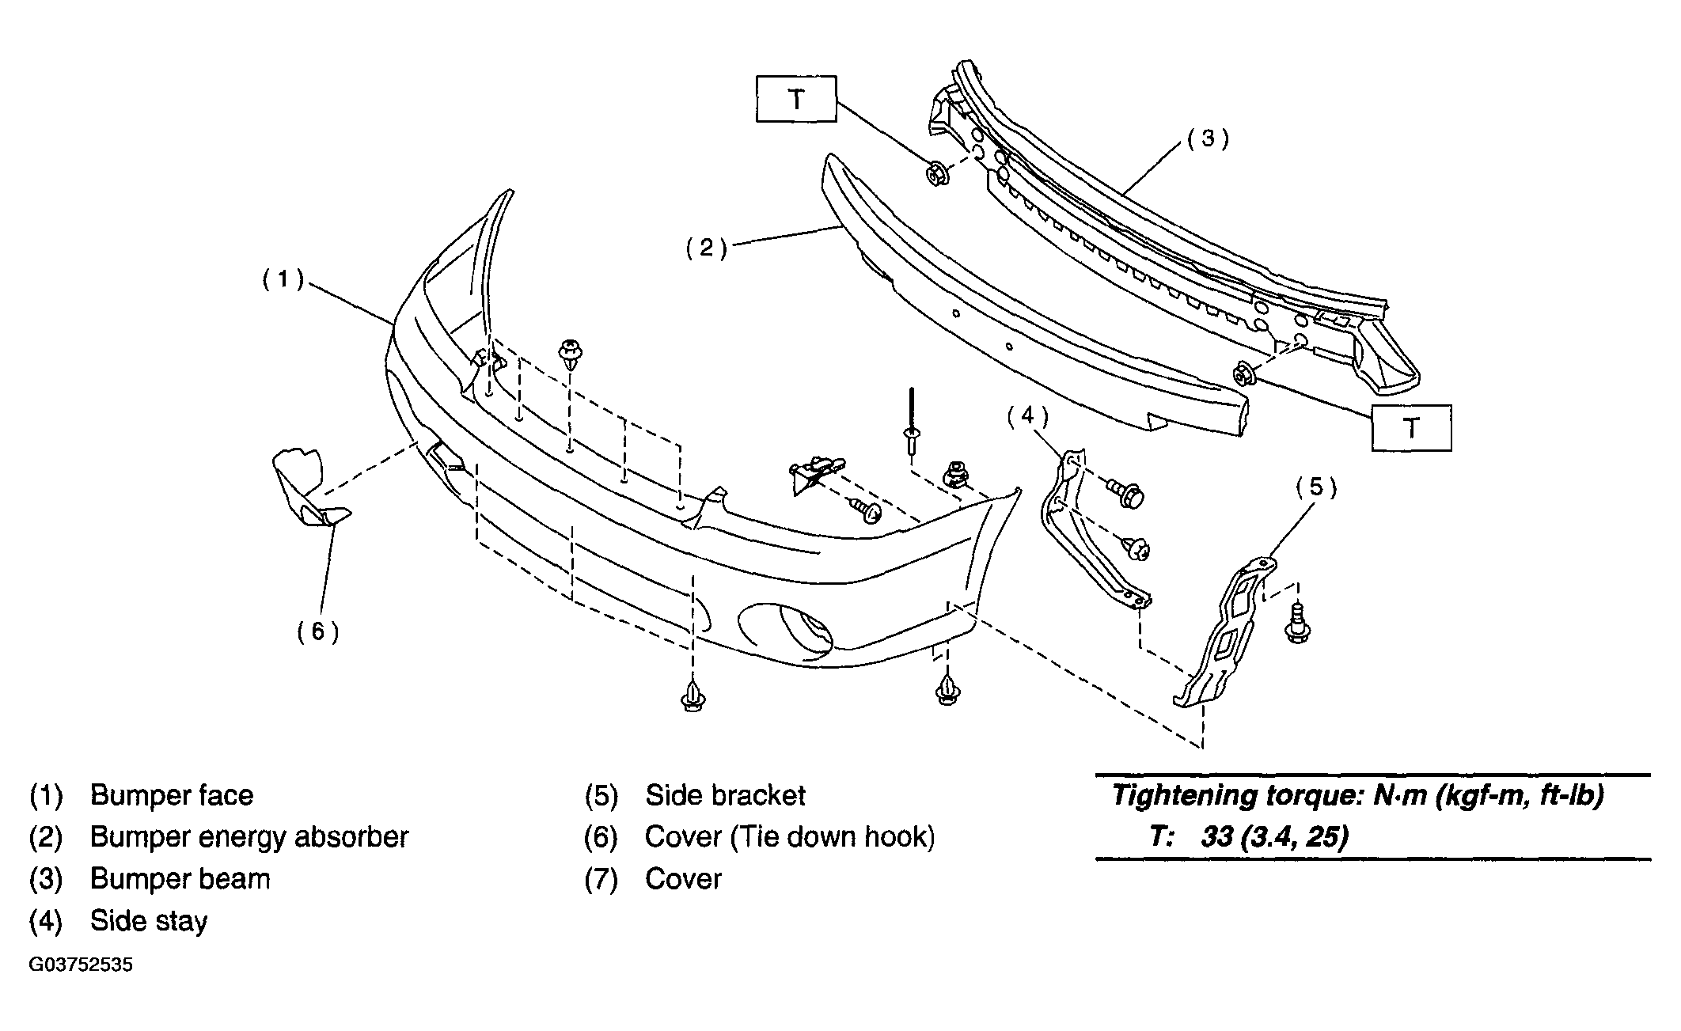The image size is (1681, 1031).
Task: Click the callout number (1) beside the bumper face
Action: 283,279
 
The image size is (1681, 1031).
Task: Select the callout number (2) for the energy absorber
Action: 706,248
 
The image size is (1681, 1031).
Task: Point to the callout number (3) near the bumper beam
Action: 1208,138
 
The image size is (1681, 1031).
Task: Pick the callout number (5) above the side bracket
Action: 1316,487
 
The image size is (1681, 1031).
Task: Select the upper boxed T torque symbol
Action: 796,99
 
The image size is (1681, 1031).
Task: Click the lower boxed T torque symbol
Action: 1412,428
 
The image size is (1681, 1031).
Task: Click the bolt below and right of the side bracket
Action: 1298,622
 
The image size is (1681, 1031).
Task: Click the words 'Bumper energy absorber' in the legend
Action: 249,837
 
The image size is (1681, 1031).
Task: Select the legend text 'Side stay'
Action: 149,921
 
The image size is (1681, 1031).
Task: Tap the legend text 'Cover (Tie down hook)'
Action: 790,837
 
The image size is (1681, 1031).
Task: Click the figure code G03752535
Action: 81,966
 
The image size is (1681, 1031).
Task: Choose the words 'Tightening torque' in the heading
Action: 1237,796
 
